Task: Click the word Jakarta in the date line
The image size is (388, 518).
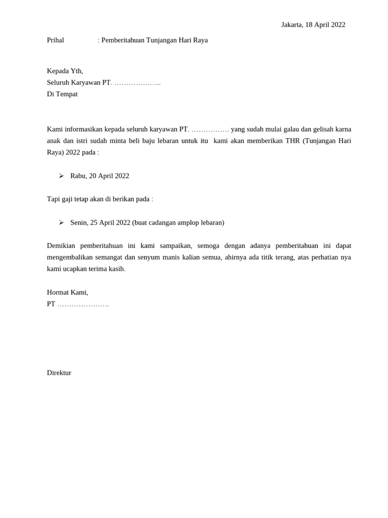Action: click(292, 25)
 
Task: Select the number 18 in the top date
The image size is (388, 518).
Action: click(309, 25)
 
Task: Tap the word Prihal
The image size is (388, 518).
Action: click(56, 40)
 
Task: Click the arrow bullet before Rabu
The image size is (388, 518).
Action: click(61, 176)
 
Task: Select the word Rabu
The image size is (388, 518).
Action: click(78, 176)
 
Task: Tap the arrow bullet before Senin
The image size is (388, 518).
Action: click(61, 222)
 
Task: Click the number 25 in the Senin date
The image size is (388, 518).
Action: click(94, 223)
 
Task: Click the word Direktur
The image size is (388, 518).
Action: click(59, 373)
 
